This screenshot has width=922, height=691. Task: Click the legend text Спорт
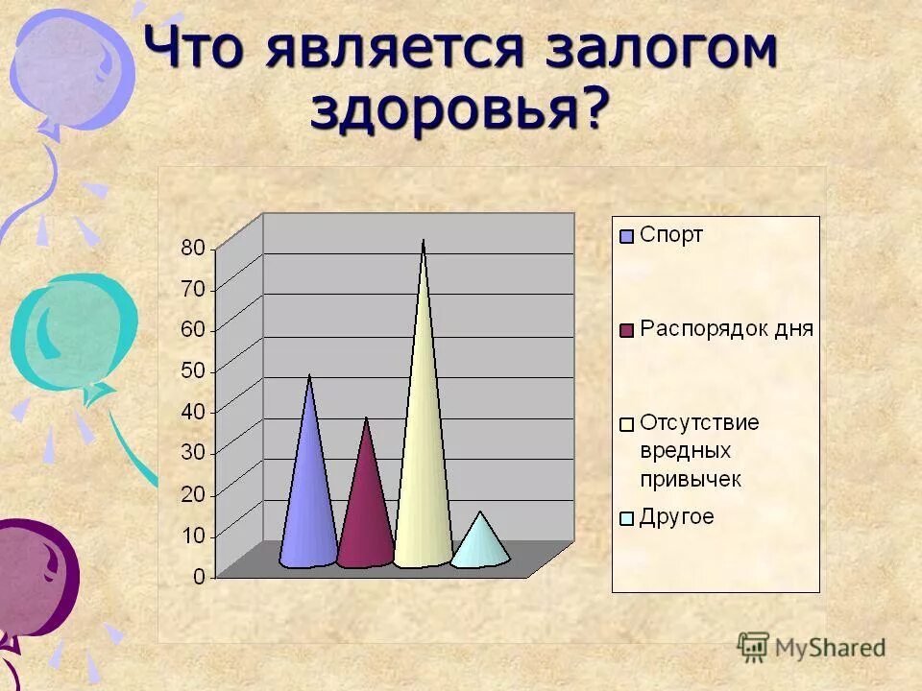671,235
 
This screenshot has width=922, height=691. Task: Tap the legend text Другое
677,517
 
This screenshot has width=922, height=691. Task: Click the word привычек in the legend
690,479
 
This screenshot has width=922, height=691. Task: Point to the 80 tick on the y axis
193,248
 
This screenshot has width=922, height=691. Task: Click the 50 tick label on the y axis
193,370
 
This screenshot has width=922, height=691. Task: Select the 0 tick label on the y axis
199,577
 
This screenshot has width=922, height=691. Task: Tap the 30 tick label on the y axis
193,453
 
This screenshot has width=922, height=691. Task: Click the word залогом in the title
660,51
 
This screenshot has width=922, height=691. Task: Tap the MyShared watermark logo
813,647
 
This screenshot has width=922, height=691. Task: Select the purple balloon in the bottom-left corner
34,576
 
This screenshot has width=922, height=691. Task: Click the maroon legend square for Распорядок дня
627,330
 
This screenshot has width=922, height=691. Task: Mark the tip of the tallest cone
423,242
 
